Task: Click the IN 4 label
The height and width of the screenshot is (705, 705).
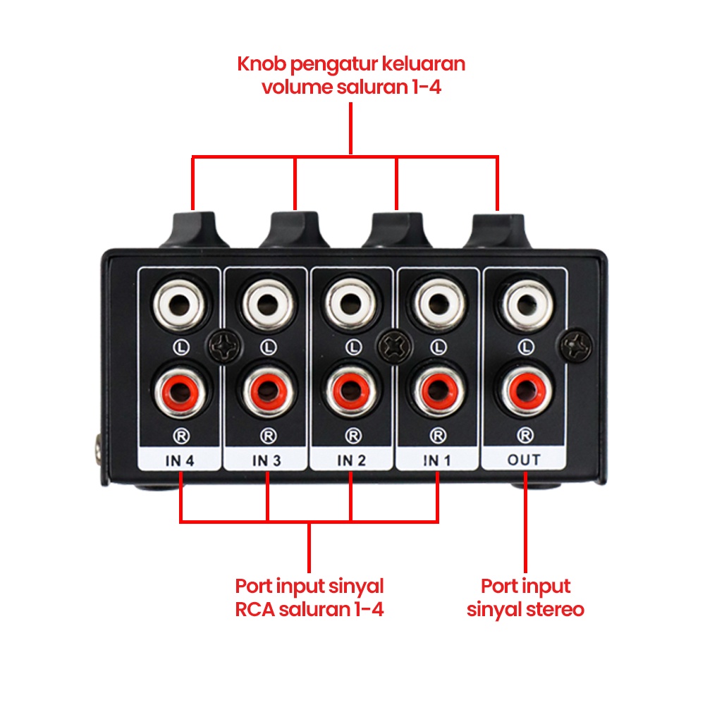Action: (x=180, y=460)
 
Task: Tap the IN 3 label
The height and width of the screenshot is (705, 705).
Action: (x=267, y=460)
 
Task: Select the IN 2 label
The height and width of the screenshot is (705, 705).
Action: (x=352, y=460)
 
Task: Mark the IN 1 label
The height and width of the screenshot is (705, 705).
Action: (x=438, y=460)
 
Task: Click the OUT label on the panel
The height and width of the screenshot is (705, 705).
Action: (x=524, y=460)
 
